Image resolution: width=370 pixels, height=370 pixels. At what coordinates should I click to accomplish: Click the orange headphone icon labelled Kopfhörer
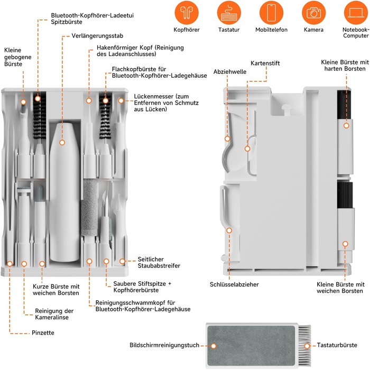click(186, 12)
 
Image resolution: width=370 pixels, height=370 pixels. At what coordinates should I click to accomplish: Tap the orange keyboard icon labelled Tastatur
click(229, 12)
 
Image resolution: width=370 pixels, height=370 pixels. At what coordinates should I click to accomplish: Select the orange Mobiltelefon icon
click(271, 12)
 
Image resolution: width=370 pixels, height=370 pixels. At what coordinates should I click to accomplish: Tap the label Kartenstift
click(265, 63)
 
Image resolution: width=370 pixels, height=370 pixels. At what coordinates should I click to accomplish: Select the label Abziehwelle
click(230, 71)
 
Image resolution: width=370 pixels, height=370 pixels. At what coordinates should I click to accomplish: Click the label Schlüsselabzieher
click(234, 285)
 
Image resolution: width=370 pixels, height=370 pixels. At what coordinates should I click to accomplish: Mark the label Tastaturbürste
click(337, 345)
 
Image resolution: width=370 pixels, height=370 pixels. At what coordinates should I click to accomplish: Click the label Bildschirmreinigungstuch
click(164, 345)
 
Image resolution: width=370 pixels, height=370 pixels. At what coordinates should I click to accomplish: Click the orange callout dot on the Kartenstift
click(247, 149)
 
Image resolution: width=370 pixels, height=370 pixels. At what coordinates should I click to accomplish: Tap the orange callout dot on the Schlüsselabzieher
click(229, 230)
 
